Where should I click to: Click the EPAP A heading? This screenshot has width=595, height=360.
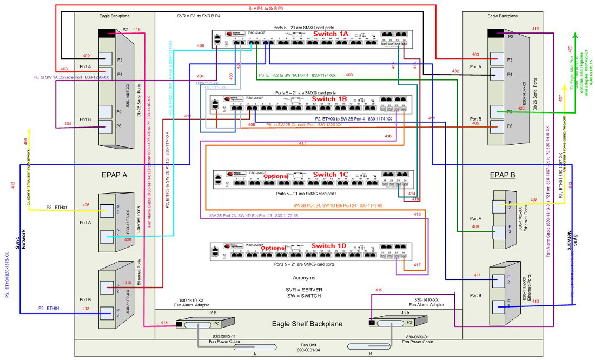[x=115, y=175]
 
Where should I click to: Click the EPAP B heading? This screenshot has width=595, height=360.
[x=503, y=175]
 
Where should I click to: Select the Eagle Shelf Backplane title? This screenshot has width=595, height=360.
[x=305, y=324]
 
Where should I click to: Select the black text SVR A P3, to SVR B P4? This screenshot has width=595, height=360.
[x=199, y=16]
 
